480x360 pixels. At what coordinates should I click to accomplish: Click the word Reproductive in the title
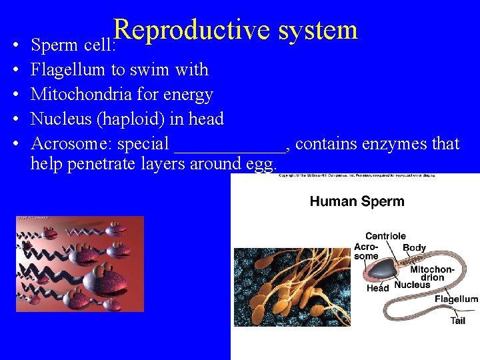point(191,30)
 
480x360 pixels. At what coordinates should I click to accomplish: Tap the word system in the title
point(319,30)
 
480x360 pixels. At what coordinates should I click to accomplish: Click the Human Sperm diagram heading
point(357,201)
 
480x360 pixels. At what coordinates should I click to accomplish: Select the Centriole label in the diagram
point(385,236)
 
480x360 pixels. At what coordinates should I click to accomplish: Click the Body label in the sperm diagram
point(414,247)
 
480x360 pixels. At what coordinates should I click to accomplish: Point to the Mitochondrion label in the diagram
point(432,273)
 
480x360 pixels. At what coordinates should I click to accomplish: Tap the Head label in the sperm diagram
point(377,288)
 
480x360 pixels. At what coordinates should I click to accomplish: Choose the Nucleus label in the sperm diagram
point(412,285)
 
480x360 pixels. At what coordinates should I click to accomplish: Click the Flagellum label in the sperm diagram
point(456,299)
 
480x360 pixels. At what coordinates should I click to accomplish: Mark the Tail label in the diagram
point(457,321)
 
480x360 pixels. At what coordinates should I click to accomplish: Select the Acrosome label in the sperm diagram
point(366,251)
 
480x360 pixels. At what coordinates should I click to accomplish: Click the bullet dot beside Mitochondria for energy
point(15,95)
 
